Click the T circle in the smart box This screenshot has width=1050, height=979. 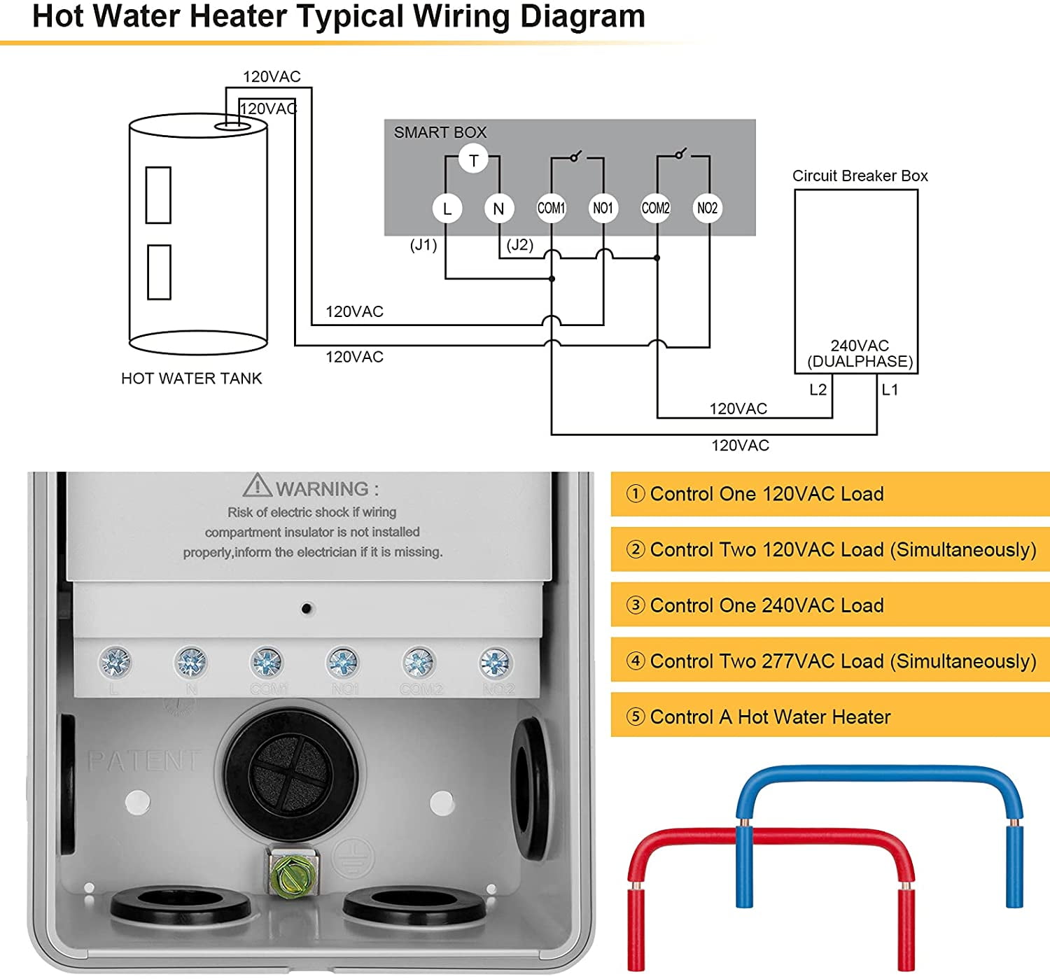pos(473,160)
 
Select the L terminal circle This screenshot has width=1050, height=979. pos(447,209)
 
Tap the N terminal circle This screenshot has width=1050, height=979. pos(498,209)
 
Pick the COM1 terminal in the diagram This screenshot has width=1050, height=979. pos(551,209)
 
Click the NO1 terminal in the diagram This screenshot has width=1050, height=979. pos(603,209)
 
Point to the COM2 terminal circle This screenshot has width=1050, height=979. pos(656,209)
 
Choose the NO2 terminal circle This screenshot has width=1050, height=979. pos(707,209)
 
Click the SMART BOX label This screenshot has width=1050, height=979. pos(440,132)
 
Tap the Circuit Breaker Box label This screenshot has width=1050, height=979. pos(860,176)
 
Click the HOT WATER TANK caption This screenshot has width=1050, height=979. pos(191,379)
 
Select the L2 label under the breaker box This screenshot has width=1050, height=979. pos(818,390)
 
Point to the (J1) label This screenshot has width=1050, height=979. pos(423,245)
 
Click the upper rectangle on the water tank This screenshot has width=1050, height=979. pos(158,195)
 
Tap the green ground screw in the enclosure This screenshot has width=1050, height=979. pos(293,873)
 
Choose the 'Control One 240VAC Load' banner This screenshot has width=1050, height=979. pos(829,605)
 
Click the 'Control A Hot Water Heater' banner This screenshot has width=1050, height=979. pos(829,717)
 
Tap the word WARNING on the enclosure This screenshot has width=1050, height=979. pos(322,488)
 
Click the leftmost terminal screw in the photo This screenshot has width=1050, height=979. pos(115,661)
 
